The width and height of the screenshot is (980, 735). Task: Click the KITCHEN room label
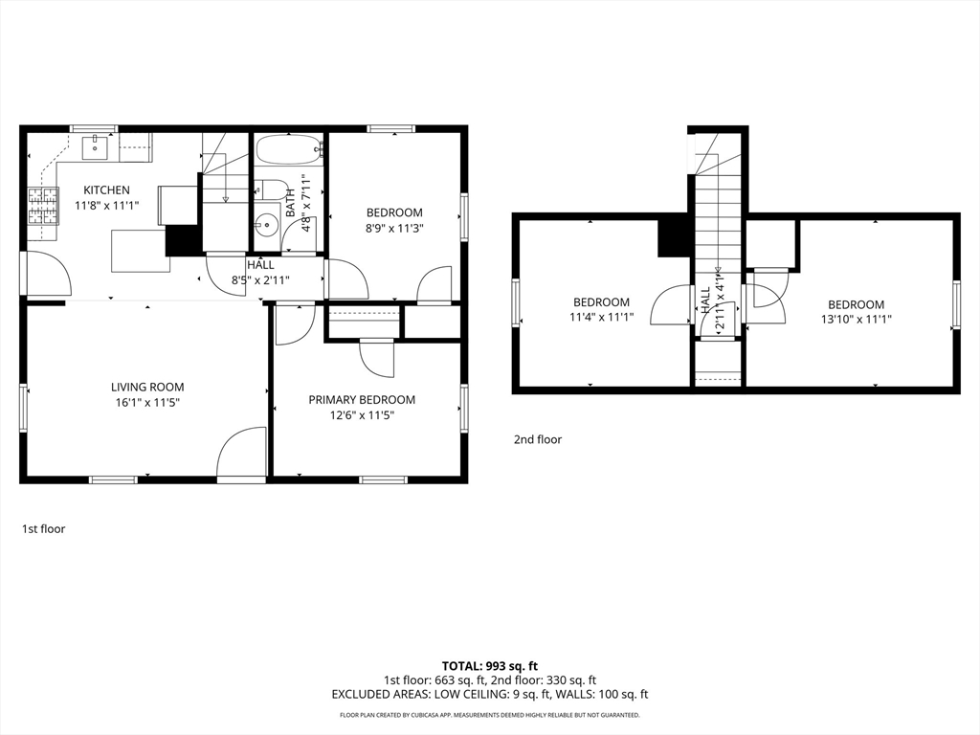(x=107, y=190)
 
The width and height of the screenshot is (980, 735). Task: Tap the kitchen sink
(x=95, y=147)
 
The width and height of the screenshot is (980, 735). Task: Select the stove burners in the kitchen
(x=42, y=207)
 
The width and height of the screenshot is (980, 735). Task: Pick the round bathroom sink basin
(x=268, y=222)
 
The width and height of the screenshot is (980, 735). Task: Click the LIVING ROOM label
(x=147, y=388)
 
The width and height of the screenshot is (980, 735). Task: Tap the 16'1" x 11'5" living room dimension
(x=147, y=403)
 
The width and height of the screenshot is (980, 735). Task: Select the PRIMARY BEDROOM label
(x=362, y=400)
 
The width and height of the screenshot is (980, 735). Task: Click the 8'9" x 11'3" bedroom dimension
(x=394, y=228)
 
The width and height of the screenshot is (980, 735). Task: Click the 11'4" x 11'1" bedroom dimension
(x=601, y=318)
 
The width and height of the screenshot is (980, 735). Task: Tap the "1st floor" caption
(x=44, y=528)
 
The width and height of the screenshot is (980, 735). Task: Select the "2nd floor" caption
(x=538, y=439)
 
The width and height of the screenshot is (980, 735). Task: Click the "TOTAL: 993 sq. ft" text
(x=490, y=666)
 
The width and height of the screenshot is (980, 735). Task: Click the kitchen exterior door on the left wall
(x=46, y=273)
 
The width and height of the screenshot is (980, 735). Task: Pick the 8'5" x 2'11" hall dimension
(x=260, y=280)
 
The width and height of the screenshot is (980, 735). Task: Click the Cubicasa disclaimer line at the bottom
(x=490, y=715)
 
